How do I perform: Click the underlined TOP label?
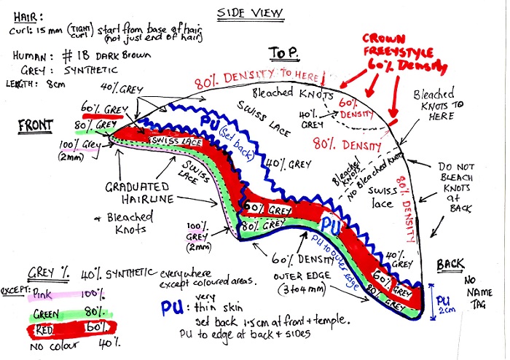(283, 52)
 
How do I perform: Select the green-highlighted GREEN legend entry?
(49, 316)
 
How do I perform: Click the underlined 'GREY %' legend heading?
(49, 273)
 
